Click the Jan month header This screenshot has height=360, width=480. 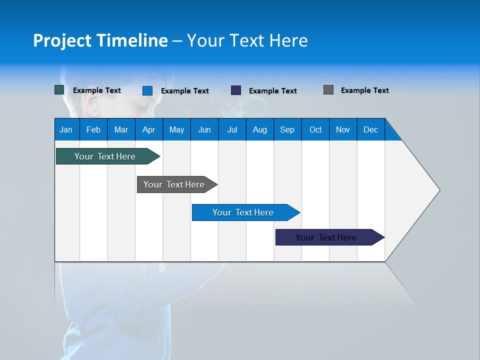point(66,129)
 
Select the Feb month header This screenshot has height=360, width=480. point(93,129)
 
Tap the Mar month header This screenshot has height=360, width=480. point(121,129)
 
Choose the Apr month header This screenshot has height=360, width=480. point(149,129)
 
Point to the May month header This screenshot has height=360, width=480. point(176,129)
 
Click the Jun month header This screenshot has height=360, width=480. point(204,129)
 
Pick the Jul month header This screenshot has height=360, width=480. point(232,129)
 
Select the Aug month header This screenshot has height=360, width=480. point(260,129)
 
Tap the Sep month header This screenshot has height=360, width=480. point(287,129)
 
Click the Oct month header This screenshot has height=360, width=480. point(315,129)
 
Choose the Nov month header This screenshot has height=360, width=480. point(343,129)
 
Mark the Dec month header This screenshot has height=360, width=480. point(371,129)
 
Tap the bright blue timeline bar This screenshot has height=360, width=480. point(243,212)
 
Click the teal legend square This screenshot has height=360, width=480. point(59,90)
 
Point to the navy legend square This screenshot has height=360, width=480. point(236,90)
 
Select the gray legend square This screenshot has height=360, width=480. point(328,90)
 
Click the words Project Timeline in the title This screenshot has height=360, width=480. point(100,40)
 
